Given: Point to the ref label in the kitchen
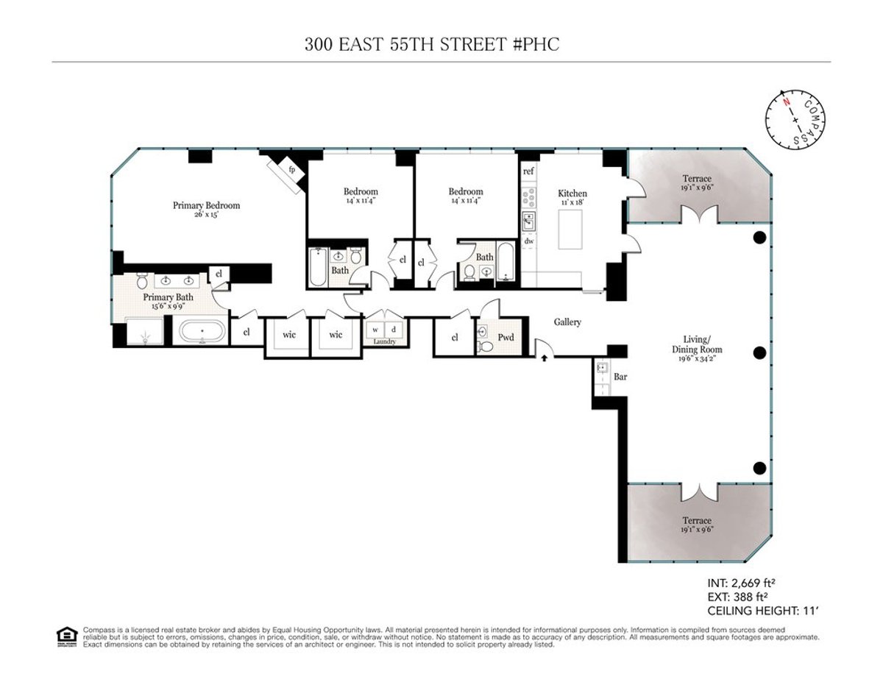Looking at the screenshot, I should click(x=528, y=171).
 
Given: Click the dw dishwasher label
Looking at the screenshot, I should click(x=528, y=241).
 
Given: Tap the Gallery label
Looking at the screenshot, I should click(x=568, y=322).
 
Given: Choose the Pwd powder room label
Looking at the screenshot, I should click(x=506, y=337).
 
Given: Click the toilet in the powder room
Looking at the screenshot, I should click(x=483, y=346).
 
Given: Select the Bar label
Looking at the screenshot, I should click(x=620, y=377).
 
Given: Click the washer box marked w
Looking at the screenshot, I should click(x=375, y=329).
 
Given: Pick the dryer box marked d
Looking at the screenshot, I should click(x=393, y=329).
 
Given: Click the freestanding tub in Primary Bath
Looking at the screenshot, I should click(x=203, y=332).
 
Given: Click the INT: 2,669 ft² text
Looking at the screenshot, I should click(x=740, y=583).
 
